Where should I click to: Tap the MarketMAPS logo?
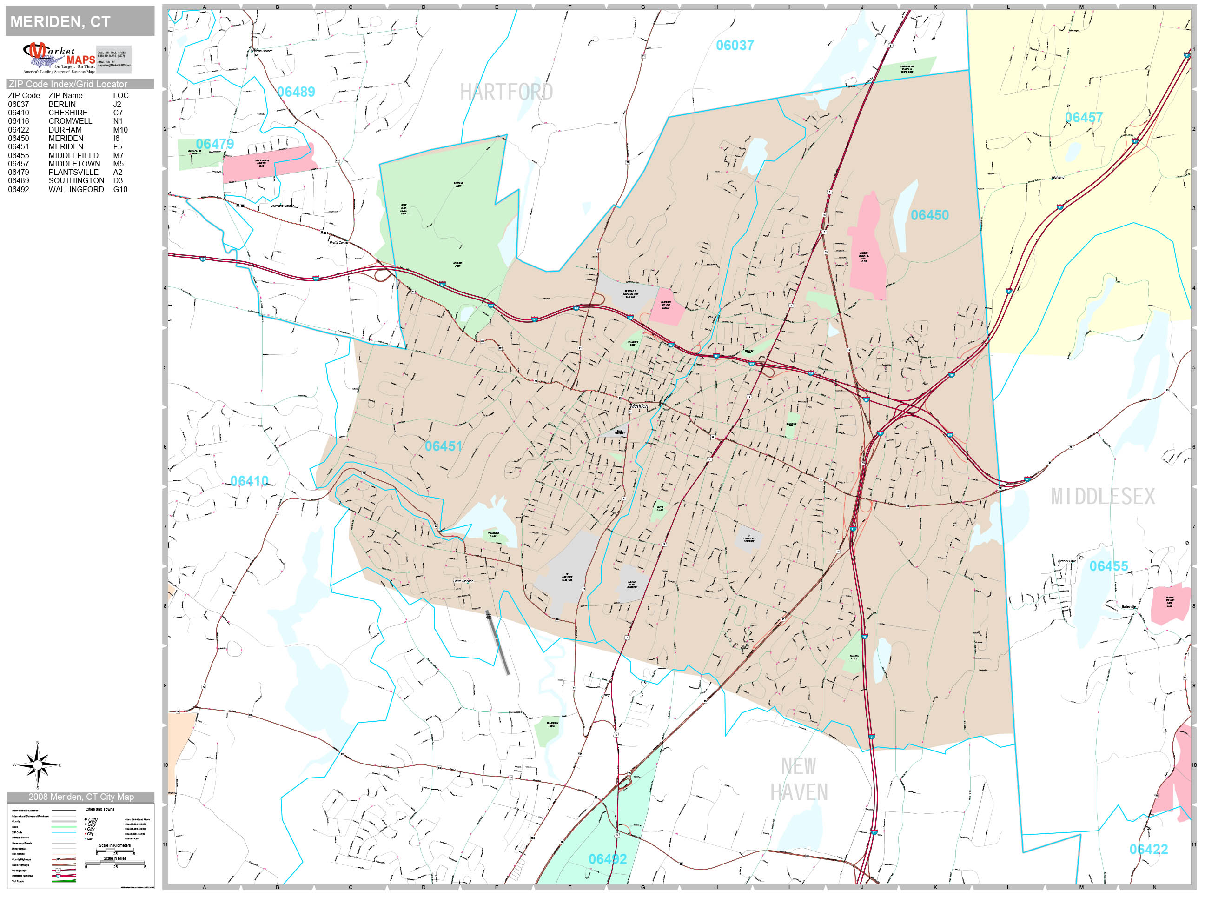tap(59, 58)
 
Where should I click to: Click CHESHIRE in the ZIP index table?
tap(68, 113)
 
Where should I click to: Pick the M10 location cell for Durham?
tap(120, 130)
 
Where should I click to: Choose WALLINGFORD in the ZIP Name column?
tap(76, 190)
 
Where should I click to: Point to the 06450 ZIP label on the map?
tap(929, 215)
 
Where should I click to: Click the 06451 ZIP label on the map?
tap(444, 446)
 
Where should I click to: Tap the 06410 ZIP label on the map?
tap(249, 481)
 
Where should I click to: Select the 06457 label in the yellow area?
tap(1084, 117)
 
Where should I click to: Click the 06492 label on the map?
tap(608, 859)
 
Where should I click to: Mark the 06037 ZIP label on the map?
tap(735, 45)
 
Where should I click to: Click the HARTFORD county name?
tap(506, 92)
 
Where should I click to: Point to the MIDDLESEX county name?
tap(1103, 497)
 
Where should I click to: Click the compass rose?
tap(38, 765)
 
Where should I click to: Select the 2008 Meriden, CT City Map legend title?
tap(80, 797)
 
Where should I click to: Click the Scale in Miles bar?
tap(115, 863)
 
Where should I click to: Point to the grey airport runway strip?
tap(498, 643)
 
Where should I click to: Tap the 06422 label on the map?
tap(1148, 850)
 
